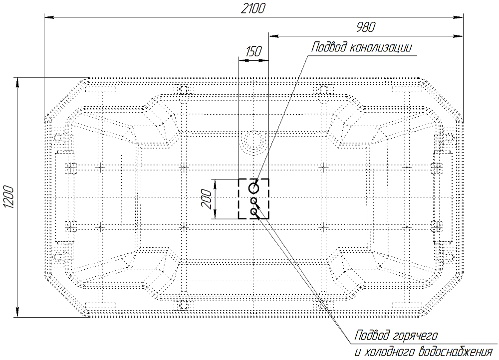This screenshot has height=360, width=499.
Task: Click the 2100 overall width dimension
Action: pos(252,8)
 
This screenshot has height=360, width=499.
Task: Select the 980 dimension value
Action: pos(366,27)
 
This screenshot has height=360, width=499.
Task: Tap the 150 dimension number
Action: pos(253,51)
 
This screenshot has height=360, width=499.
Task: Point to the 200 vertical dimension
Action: pos(207,199)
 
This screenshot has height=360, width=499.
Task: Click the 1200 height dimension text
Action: pos(8,197)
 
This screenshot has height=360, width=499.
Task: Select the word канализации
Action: pos(381,47)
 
